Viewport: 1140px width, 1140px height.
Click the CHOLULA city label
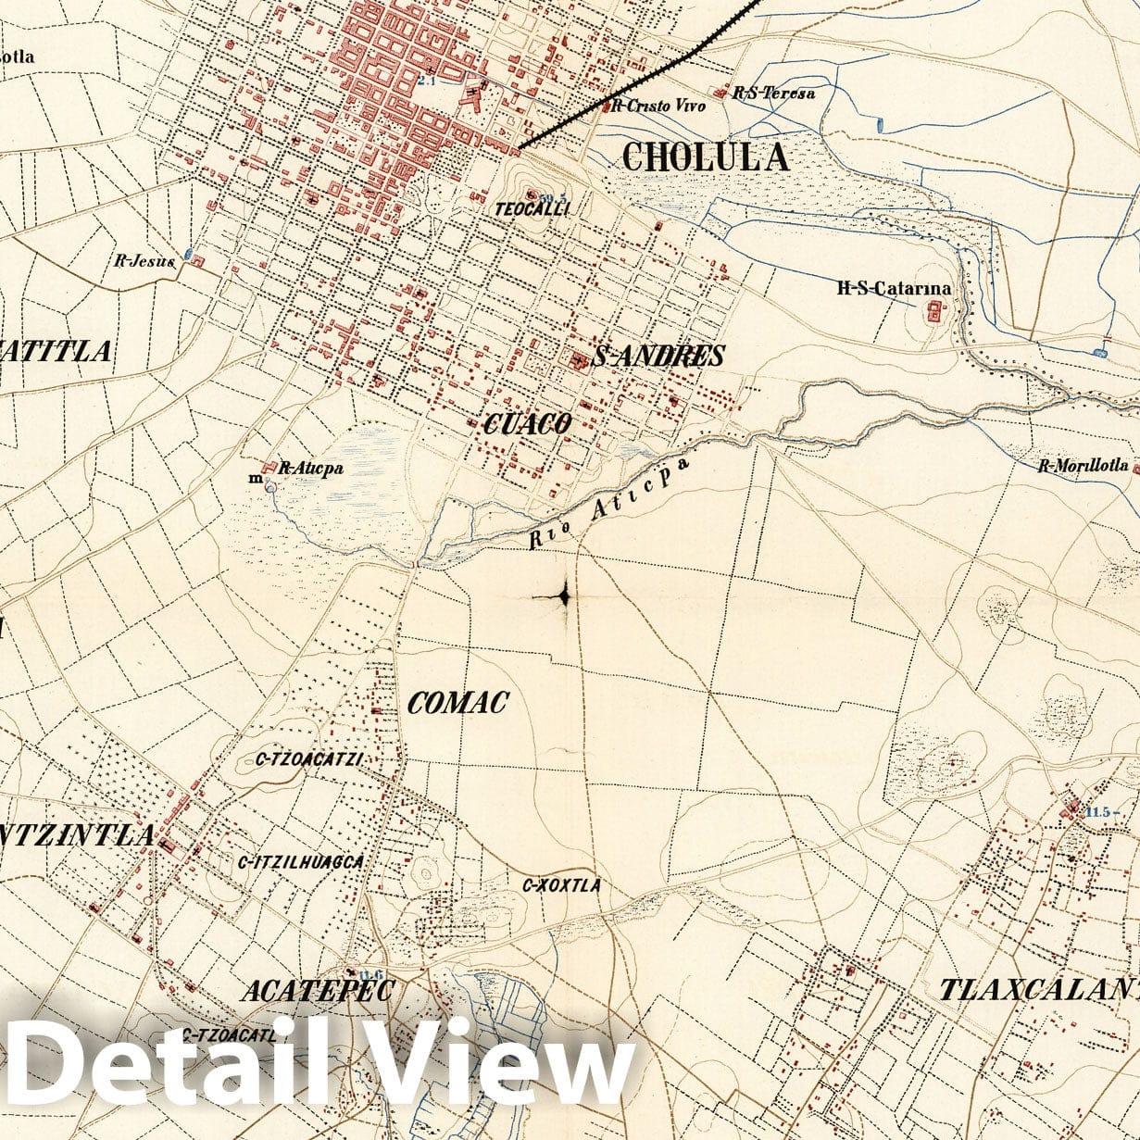pyautogui.click(x=706, y=157)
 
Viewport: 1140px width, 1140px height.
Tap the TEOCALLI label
pyautogui.click(x=532, y=209)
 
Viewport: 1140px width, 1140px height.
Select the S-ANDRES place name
pyautogui.click(x=658, y=356)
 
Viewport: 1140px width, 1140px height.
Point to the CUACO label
pyautogui.click(x=527, y=424)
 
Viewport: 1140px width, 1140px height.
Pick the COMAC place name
pyautogui.click(x=457, y=703)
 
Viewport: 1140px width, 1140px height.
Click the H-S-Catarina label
pyautogui.click(x=894, y=288)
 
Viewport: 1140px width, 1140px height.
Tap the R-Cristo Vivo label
pyautogui.click(x=658, y=106)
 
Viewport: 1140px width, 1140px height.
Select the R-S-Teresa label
pyautogui.click(x=773, y=93)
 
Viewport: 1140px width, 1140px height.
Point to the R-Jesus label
pyautogui.click(x=144, y=261)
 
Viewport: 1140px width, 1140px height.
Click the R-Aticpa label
pyautogui.click(x=310, y=469)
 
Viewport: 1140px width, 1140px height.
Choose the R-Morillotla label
pyautogui.click(x=1082, y=466)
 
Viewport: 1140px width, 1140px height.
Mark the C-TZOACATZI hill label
pyautogui.click(x=308, y=760)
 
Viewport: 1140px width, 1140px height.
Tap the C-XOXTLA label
pyautogui.click(x=561, y=885)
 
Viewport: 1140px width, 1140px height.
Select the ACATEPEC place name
pyautogui.click(x=318, y=991)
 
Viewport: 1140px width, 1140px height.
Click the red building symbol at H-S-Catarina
pyautogui.click(x=933, y=313)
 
